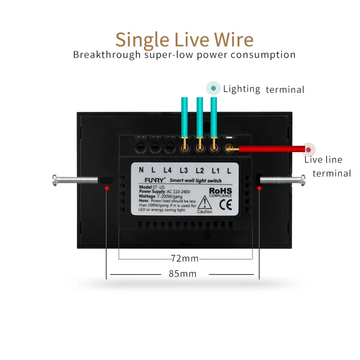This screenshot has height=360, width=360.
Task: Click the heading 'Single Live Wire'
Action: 184,40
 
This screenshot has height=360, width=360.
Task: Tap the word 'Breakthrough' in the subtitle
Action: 99,55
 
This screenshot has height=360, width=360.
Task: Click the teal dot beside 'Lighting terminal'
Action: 213,88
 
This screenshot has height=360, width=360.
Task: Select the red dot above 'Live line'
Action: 309,149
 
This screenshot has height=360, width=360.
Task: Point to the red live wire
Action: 270,149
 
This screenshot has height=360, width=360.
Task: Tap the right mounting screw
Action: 283,180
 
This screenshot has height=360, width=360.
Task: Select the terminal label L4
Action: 168,171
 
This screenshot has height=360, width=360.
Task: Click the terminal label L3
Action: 184,171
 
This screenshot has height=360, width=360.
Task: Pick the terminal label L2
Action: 200,171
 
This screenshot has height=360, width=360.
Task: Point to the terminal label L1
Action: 215,171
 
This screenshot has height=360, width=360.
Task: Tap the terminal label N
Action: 141,170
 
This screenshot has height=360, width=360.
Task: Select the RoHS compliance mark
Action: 220,192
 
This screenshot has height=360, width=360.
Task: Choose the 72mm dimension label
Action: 184,259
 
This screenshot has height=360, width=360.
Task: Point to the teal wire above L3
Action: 184,117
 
